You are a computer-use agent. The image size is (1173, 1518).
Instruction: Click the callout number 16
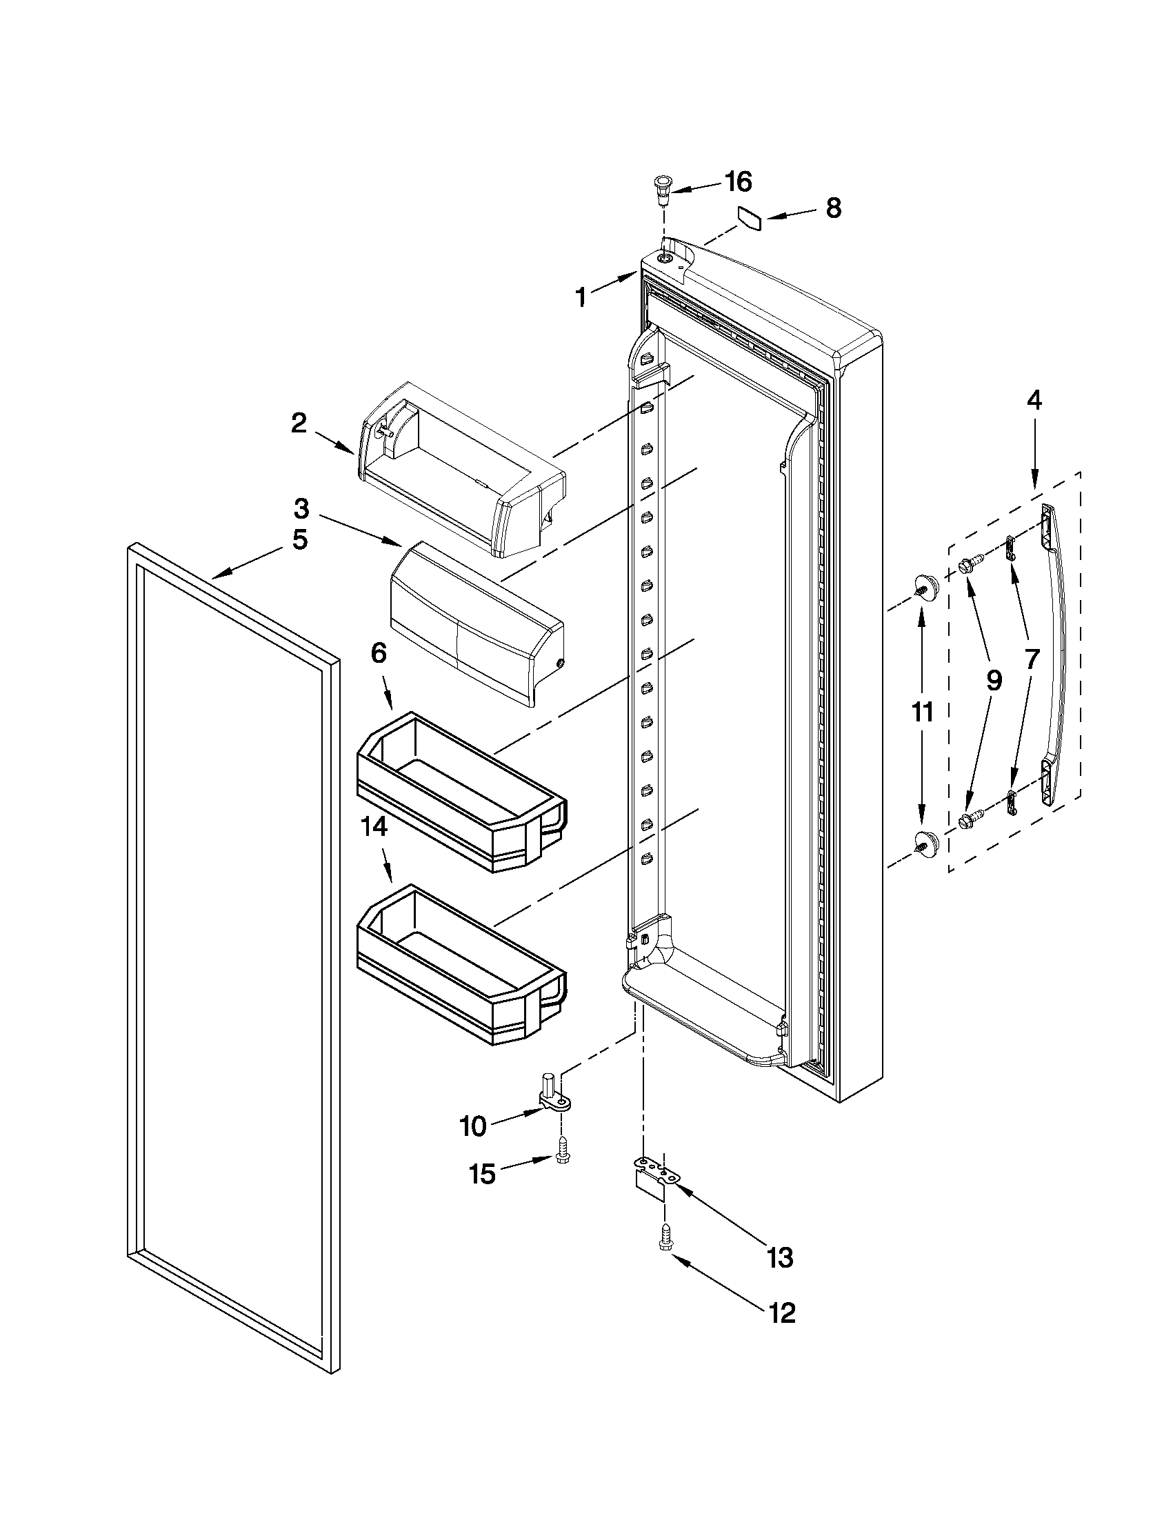coord(738,182)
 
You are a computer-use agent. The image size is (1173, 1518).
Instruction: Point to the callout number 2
coord(299,423)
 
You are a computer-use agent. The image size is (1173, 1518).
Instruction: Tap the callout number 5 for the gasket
coord(299,539)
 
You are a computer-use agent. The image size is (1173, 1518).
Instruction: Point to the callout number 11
coord(922,712)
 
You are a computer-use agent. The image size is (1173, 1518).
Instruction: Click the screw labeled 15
coord(562,1157)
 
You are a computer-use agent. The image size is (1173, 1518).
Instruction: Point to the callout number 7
coord(1030,658)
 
